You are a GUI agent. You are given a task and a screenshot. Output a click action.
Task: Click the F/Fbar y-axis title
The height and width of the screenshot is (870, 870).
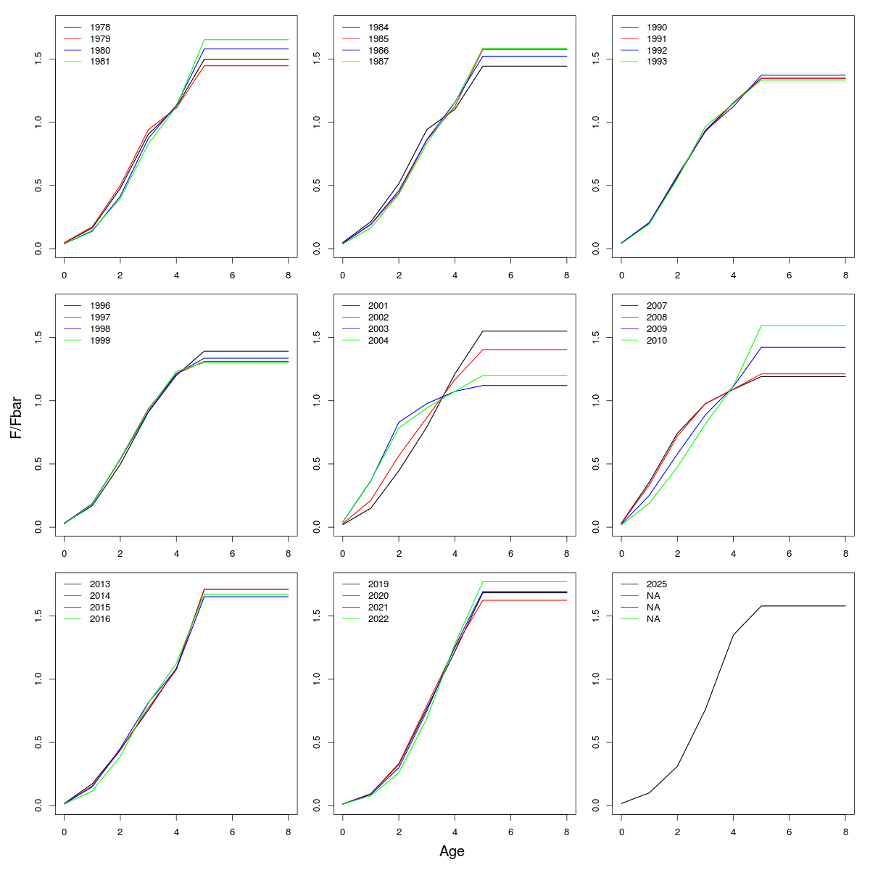(x=15, y=417)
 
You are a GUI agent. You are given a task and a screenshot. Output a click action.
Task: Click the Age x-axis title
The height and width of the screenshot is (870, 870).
(x=452, y=852)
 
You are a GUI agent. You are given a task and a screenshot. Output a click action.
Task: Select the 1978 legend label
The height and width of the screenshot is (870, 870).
(x=100, y=28)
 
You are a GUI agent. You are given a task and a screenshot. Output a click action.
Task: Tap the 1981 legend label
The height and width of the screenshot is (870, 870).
(x=100, y=62)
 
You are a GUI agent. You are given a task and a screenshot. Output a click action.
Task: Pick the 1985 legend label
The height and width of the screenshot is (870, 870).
(x=378, y=39)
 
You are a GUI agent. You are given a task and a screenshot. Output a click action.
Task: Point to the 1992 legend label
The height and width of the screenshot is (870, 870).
(x=657, y=51)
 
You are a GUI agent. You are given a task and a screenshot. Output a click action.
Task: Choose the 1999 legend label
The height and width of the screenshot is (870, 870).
(x=100, y=340)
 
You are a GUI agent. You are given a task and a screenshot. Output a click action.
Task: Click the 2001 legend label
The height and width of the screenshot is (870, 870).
(x=378, y=306)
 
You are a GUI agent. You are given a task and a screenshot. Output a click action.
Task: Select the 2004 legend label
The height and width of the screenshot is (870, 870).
(x=378, y=340)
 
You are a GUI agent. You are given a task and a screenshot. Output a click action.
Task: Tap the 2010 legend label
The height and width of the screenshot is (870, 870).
(x=657, y=340)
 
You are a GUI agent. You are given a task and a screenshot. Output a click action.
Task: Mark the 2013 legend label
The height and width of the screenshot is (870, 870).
(x=100, y=584)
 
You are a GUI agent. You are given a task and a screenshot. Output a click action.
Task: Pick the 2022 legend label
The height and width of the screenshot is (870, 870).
(x=378, y=618)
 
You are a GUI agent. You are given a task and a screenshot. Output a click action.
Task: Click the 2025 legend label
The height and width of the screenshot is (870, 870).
(x=657, y=584)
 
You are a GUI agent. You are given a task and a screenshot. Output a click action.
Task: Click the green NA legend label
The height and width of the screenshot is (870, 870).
(x=653, y=618)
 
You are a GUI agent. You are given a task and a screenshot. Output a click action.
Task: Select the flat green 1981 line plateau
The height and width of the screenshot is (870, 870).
(x=246, y=40)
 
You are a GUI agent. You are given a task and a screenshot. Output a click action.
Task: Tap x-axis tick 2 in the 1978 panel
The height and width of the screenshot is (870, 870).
(x=120, y=275)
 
